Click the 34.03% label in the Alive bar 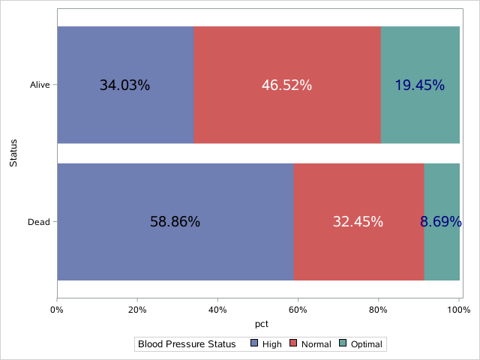point(124,85)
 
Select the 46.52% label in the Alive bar point(286,85)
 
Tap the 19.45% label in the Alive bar point(420,85)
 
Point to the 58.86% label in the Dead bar point(175,222)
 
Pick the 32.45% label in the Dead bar point(358,222)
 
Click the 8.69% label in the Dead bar point(440,222)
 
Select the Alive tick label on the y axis point(40,85)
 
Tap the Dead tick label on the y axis point(39,222)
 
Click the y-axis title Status point(13,153)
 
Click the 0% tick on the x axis point(57,309)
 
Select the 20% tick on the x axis point(137,309)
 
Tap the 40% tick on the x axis point(217,309)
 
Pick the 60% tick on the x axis point(298,309)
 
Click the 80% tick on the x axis point(378,309)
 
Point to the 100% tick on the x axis point(458,309)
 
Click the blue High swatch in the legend point(254,343)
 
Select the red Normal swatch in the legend point(295,343)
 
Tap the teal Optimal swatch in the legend point(343,343)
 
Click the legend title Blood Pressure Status point(185,344)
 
